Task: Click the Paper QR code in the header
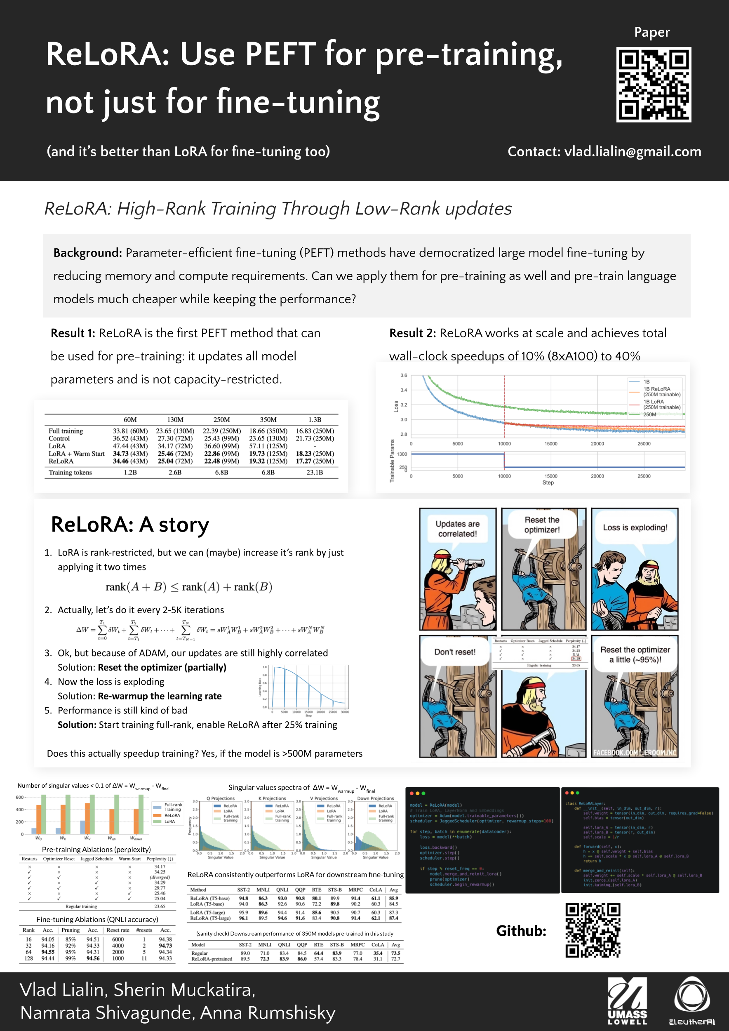(653, 85)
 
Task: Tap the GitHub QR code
(593, 930)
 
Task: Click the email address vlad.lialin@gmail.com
(633, 152)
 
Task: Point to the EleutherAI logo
(692, 1001)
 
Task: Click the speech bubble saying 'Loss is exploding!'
(635, 527)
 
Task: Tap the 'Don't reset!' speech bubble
(454, 652)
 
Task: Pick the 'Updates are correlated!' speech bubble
(457, 529)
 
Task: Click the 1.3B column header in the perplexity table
(315, 419)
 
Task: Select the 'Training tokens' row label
(70, 472)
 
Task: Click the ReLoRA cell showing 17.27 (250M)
(315, 461)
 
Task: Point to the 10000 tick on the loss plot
(504, 444)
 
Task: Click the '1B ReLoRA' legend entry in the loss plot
(656, 389)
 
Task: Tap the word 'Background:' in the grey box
(87, 253)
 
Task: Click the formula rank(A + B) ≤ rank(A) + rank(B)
(189, 587)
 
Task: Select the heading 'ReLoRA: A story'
(130, 525)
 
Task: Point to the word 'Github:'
(521, 931)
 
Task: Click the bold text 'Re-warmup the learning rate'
(160, 696)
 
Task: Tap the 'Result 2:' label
(412, 333)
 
